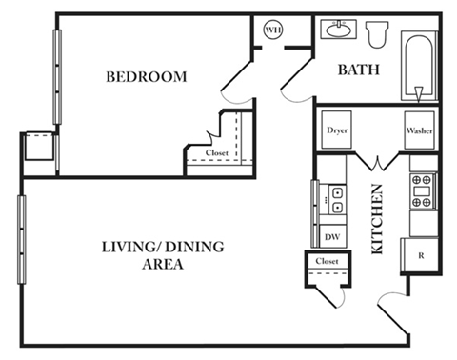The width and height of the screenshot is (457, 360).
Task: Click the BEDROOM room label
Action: (x=146, y=76)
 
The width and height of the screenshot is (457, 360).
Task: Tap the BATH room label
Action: (x=358, y=70)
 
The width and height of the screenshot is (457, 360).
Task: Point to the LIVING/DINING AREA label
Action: (x=162, y=256)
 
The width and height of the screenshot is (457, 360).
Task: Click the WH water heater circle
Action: (x=273, y=30)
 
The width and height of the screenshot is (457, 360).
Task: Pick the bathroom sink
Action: (x=337, y=30)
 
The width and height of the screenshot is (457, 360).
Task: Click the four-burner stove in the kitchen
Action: (x=422, y=190)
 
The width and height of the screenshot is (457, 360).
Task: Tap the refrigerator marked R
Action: (x=420, y=254)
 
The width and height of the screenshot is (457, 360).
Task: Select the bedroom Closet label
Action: (x=217, y=152)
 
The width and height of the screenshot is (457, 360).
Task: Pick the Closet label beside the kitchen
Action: (x=327, y=261)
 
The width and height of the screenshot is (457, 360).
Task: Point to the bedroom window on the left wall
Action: (x=58, y=76)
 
